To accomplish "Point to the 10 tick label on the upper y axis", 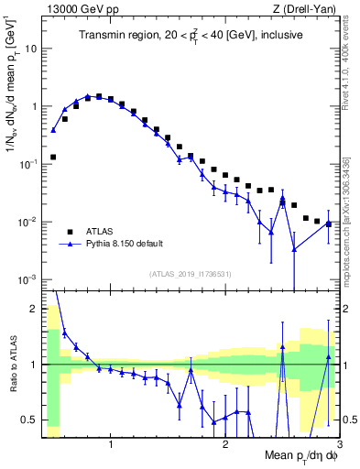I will pos(31,49).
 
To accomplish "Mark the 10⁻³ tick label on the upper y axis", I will pos(29,278).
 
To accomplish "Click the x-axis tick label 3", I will pos(339,443).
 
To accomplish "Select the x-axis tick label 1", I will pos(111,443).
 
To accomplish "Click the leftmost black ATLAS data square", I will pos(53,157).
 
